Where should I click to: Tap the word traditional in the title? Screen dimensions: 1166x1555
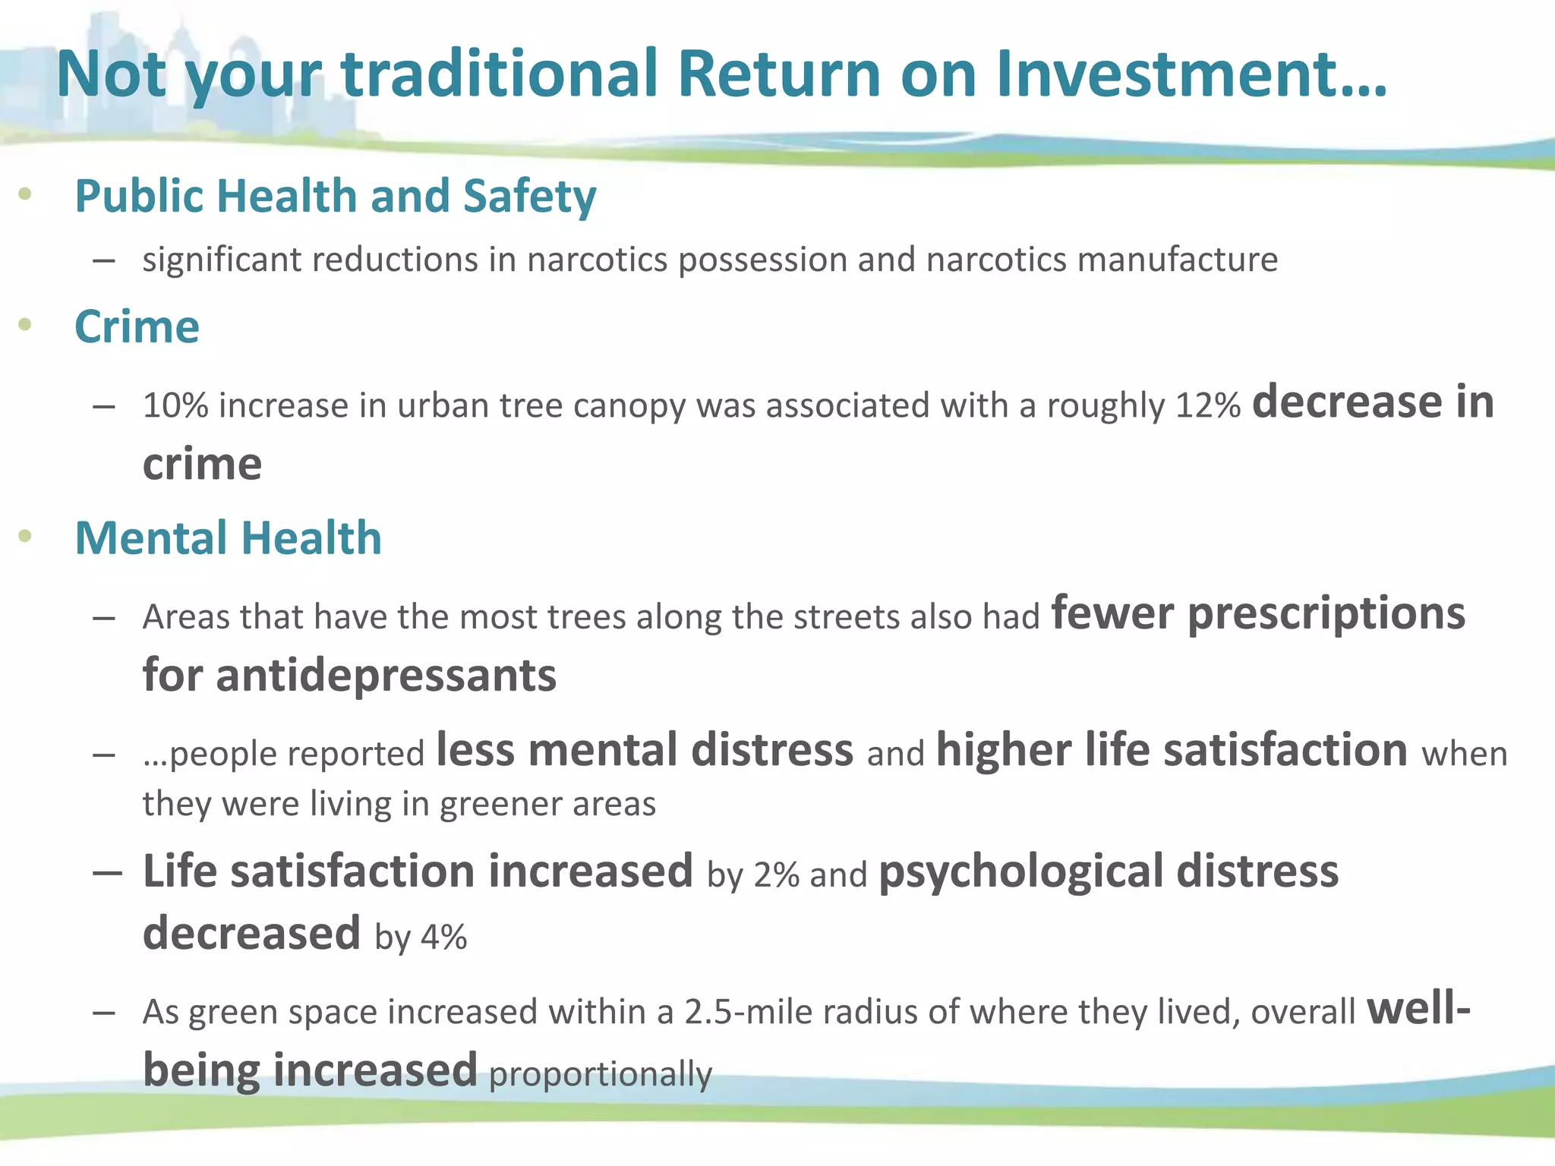point(499,74)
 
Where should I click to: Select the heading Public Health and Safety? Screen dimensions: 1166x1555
point(336,196)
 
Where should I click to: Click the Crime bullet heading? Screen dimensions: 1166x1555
point(137,327)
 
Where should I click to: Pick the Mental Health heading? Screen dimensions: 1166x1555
point(228,538)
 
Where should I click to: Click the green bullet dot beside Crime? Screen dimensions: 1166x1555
point(25,326)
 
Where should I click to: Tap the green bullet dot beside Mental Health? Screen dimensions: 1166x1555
point(25,537)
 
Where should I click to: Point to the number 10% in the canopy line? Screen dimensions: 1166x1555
point(175,405)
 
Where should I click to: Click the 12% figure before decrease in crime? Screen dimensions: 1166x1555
point(1207,405)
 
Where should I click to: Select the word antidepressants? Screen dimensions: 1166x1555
point(386,675)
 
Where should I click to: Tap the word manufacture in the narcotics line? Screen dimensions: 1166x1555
point(1178,260)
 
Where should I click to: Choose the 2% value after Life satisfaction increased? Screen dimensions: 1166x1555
point(776,874)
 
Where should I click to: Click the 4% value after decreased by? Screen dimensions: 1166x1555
point(444,937)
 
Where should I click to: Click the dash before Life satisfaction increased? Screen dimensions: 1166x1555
point(107,872)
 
